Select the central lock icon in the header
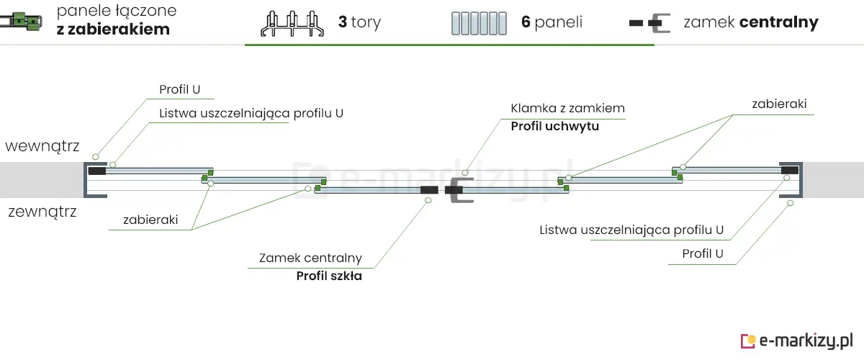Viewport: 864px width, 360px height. [x=649, y=23]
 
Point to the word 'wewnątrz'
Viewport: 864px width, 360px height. [x=42, y=146]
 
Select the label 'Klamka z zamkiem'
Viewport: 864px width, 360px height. [x=567, y=109]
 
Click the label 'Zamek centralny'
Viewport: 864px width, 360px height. [x=310, y=258]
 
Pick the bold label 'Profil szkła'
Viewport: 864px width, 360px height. [x=329, y=276]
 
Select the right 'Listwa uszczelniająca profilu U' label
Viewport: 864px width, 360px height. [x=631, y=230]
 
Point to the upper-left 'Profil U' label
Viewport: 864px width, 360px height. [x=179, y=90]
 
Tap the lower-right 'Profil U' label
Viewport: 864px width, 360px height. [x=703, y=253]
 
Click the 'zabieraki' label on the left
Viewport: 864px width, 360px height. [x=150, y=220]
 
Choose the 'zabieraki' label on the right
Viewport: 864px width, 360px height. [x=779, y=104]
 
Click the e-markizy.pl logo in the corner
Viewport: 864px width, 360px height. [x=797, y=340]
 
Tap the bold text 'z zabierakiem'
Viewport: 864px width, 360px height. [x=113, y=30]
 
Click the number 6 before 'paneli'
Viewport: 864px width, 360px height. [x=526, y=22]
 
